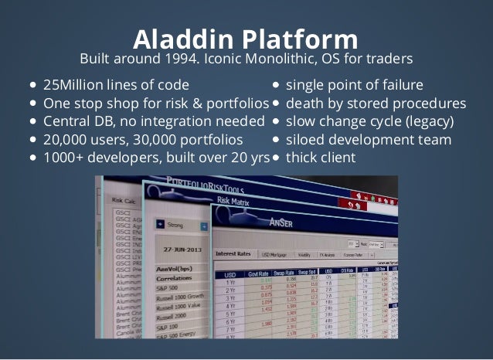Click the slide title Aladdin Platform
click(x=246, y=39)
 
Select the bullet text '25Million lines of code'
click(x=116, y=84)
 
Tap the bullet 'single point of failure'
click(x=354, y=84)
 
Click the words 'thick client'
click(x=321, y=158)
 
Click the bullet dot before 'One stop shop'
click(x=35, y=104)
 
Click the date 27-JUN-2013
click(x=181, y=250)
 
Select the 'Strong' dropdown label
click(x=176, y=226)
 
